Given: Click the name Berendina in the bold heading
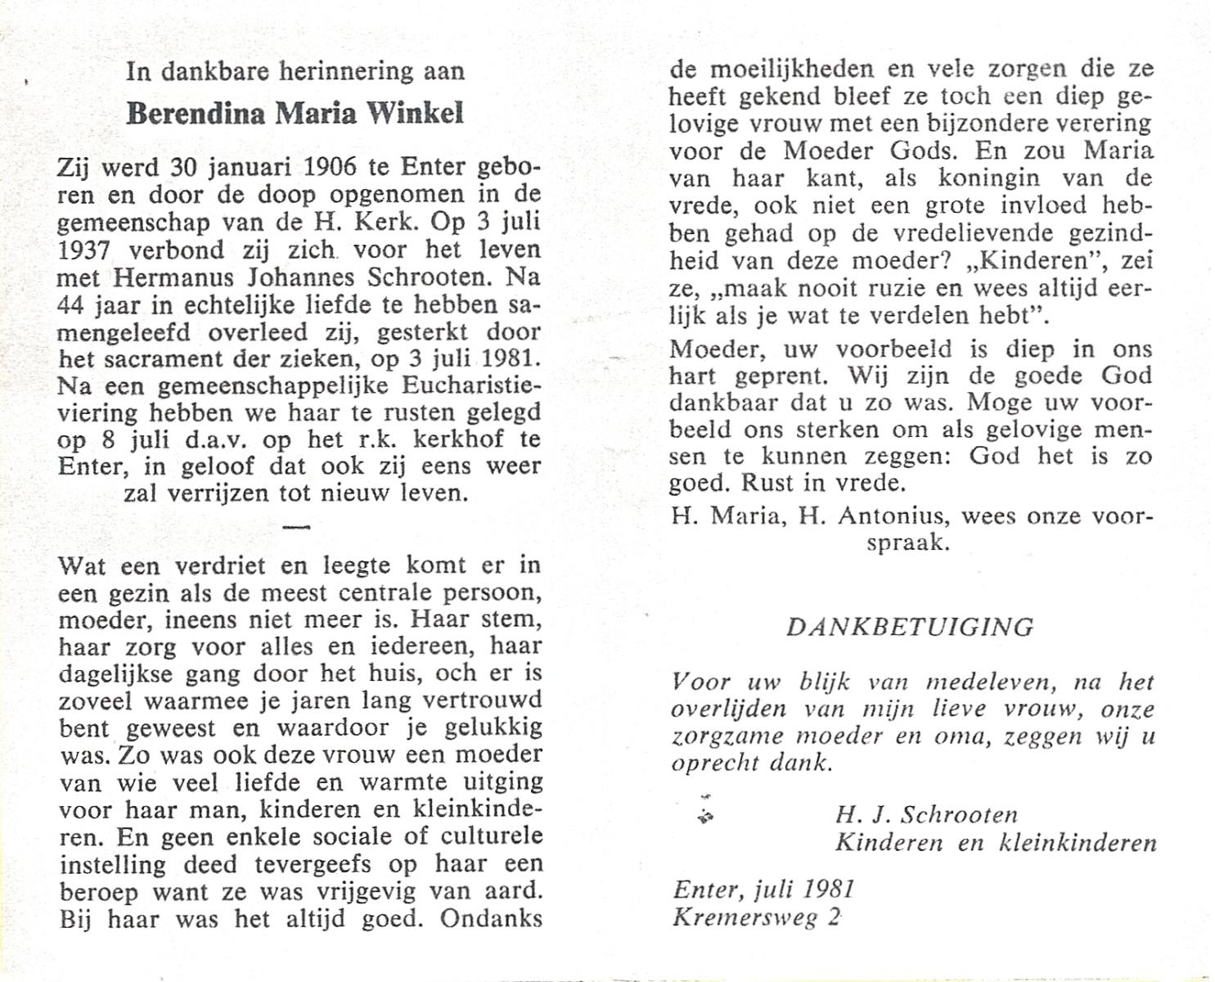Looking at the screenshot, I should [196, 113].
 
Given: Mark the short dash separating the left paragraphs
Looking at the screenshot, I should [295, 526].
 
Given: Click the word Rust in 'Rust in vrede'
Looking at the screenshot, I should [768, 483].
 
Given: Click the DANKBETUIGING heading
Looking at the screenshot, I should [910, 628].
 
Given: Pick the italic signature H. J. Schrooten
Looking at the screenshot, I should [926, 814].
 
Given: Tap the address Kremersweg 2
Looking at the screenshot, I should [757, 917].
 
